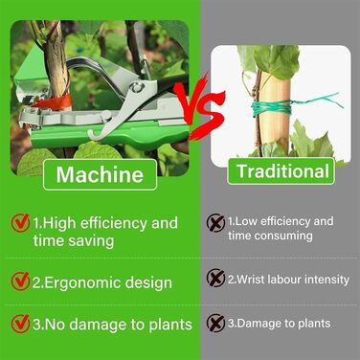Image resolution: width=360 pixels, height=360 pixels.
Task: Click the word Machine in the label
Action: coord(100,174)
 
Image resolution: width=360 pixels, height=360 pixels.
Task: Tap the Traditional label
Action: coord(281,171)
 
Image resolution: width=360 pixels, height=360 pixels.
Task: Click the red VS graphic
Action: coord(199,107)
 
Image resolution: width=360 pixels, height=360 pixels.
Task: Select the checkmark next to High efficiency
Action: coord(21,222)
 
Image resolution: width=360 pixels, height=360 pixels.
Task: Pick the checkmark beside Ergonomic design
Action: coord(20,281)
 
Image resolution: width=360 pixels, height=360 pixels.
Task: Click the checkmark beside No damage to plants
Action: coord(20,324)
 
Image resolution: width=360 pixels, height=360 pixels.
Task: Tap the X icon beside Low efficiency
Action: coord(215,222)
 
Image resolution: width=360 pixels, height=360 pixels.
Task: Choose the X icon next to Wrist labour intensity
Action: coord(215,278)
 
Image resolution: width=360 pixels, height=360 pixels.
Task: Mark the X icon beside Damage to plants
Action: coord(215,323)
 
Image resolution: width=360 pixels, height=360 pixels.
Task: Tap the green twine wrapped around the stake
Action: coord(272,107)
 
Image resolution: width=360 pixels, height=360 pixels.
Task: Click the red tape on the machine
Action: coord(53,101)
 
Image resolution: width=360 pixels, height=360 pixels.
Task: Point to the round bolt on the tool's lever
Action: coord(138,86)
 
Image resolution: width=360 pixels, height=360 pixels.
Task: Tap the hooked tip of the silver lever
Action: coord(93,136)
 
